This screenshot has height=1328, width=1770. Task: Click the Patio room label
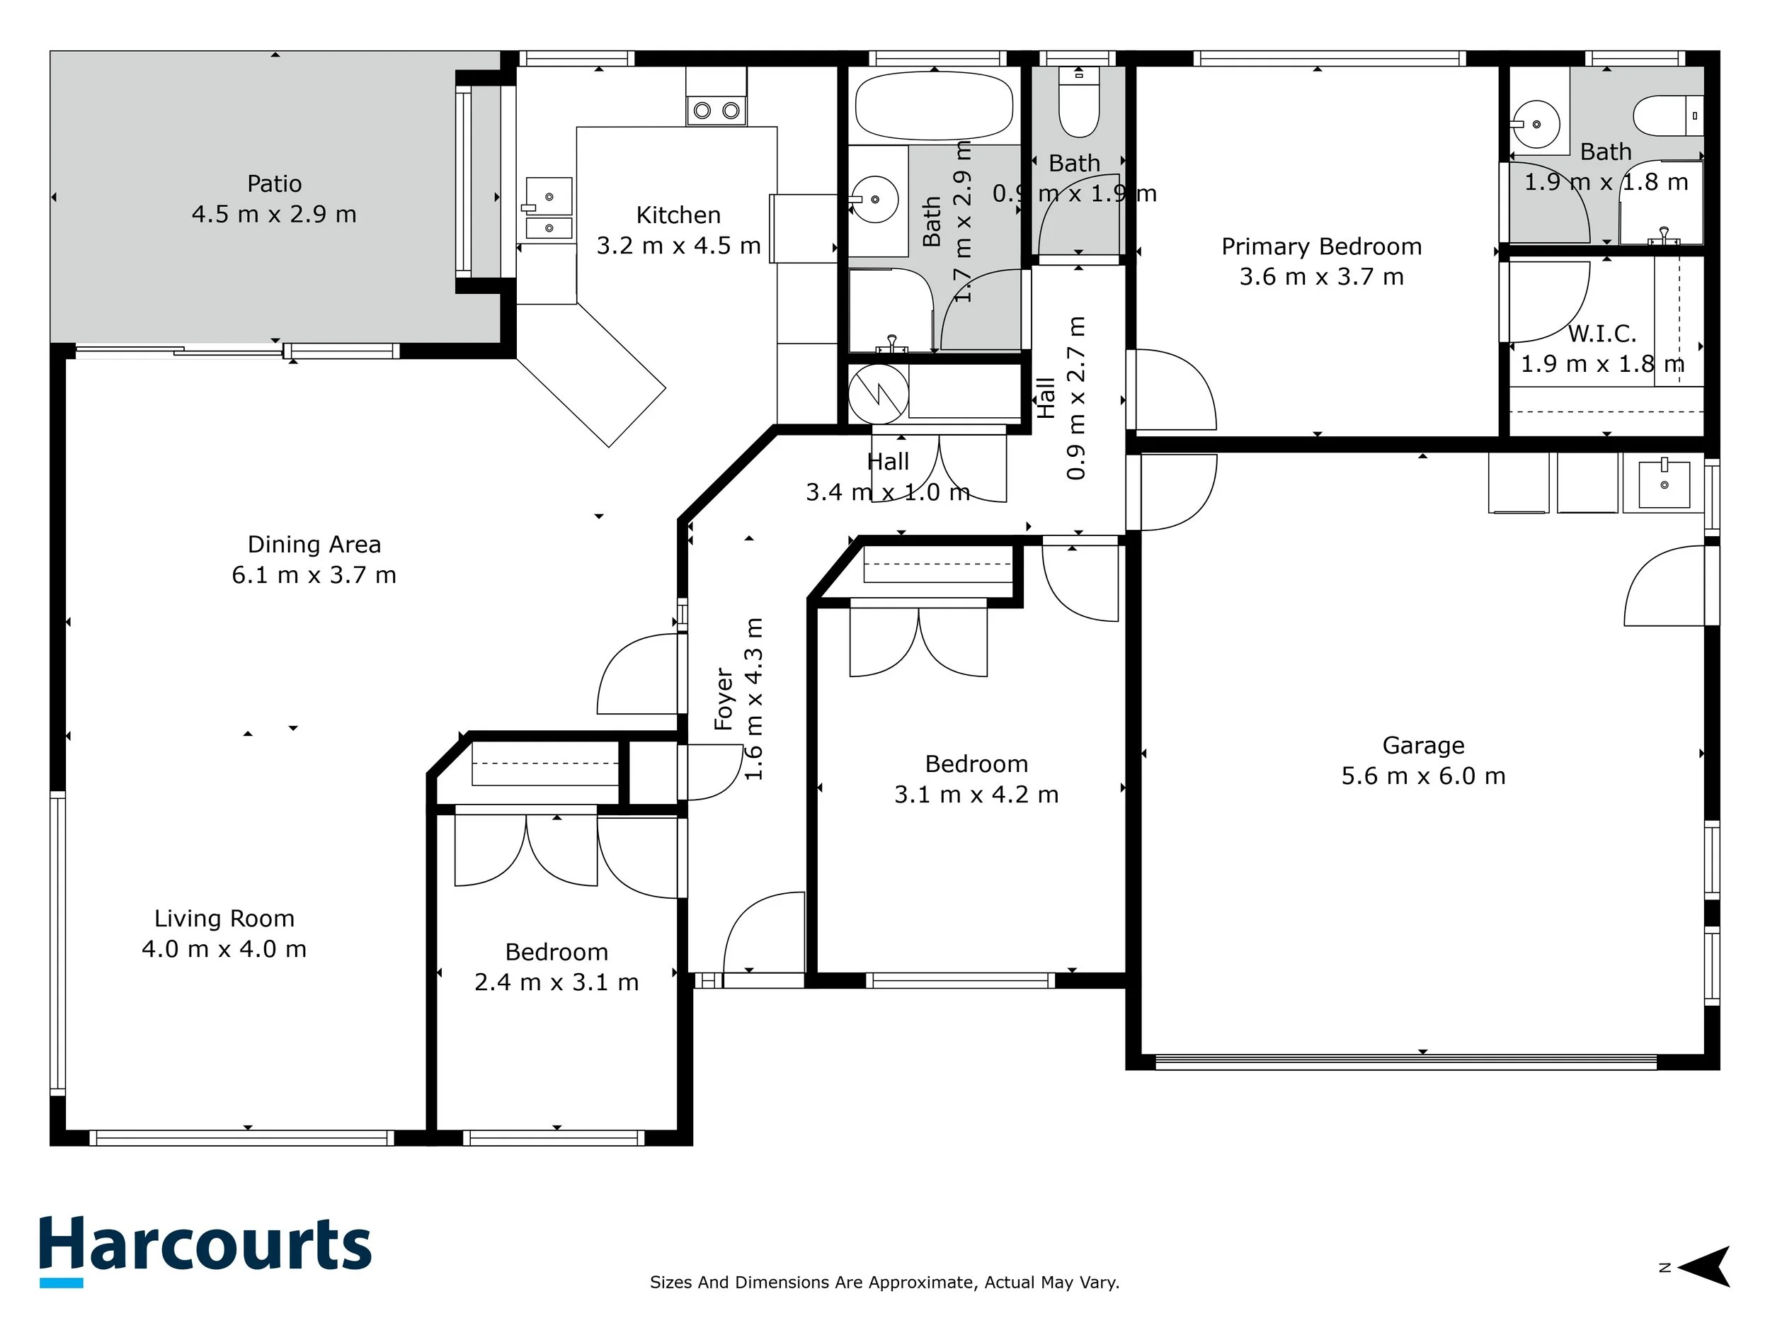pos(275,184)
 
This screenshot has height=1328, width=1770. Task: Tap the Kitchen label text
pos(678,215)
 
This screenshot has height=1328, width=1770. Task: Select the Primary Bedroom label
pos(1322,246)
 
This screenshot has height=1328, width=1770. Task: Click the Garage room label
pos(1424,746)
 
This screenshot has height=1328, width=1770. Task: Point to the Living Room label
pos(224,918)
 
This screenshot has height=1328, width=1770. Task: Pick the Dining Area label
pos(314,545)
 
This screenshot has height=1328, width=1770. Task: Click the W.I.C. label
pos(1602,333)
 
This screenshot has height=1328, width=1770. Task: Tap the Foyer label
pos(724,699)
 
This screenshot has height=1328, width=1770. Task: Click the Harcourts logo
pos(205,1250)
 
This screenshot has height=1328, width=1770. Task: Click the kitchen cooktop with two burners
pos(716,110)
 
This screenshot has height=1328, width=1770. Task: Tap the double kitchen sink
pos(549,208)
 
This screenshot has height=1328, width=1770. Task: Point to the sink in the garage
pos(1665,484)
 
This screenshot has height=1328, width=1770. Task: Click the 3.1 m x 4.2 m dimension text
pos(976,795)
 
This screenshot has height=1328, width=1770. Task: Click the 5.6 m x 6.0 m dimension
pos(1424,776)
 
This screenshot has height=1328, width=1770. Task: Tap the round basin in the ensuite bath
pos(1536,125)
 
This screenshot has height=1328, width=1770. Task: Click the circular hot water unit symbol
pos(879,394)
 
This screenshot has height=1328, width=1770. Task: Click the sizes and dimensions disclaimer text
pos(885,1283)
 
